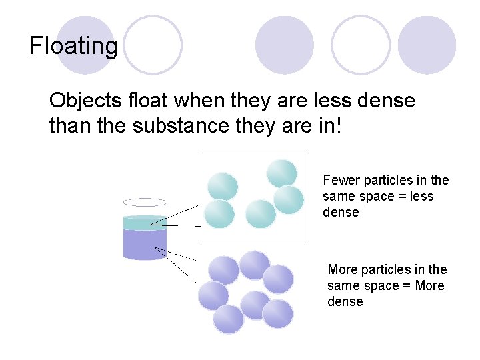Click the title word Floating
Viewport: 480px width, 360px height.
point(73,46)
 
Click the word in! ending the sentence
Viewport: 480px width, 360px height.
point(329,125)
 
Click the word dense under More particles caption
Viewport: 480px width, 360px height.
point(345,301)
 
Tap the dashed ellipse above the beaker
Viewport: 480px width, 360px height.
point(145,202)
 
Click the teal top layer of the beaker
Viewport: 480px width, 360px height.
point(145,222)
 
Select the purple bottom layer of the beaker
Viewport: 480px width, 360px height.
point(145,243)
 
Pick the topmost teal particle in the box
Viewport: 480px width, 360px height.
point(282,173)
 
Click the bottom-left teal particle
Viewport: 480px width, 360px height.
point(219,214)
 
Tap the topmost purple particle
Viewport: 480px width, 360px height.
point(254,265)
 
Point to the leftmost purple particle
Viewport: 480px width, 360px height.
point(213,295)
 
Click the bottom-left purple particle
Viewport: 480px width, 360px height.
point(229,319)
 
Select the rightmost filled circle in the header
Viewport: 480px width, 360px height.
point(427,45)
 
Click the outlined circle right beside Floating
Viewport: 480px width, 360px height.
point(153,45)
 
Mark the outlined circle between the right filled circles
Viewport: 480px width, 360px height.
point(361,45)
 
